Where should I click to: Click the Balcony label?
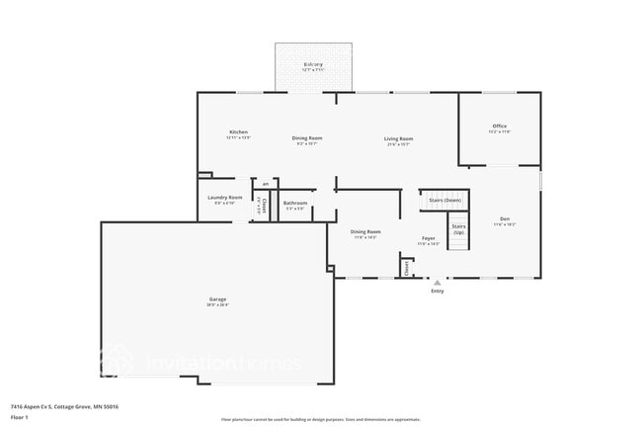(x=313, y=64)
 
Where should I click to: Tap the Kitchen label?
(x=238, y=131)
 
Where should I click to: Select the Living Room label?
(x=398, y=138)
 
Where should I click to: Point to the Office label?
(x=500, y=126)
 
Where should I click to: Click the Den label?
(x=505, y=218)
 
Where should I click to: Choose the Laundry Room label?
(x=224, y=198)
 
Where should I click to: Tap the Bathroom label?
(x=296, y=204)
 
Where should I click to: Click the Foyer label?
(x=429, y=238)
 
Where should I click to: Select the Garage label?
(x=217, y=299)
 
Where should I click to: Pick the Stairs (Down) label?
(x=445, y=200)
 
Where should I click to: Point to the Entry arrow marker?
(x=437, y=283)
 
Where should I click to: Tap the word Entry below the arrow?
(x=437, y=291)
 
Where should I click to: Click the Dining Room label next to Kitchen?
(x=306, y=138)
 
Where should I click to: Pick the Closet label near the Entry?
(x=406, y=267)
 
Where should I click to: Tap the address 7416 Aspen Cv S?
(x=30, y=405)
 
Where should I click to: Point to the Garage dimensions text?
(x=217, y=305)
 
